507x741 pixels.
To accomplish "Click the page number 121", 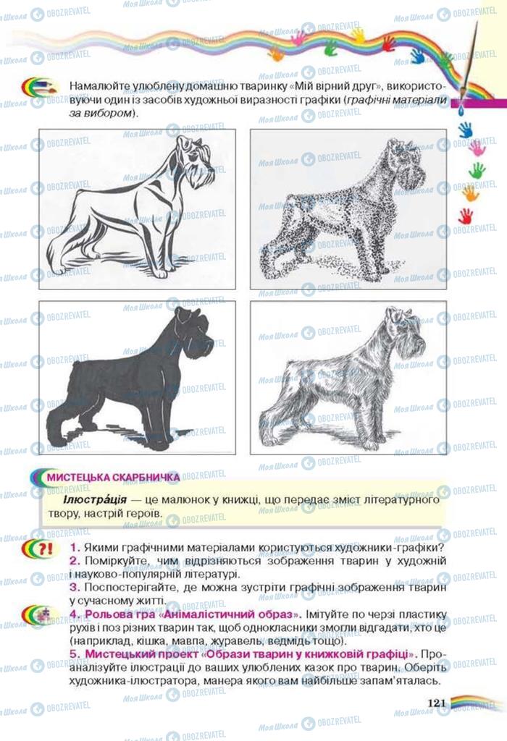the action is pos(437,703).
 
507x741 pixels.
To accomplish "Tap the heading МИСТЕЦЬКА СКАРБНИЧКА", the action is pos(113,478).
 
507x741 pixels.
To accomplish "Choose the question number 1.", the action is pos(75,548).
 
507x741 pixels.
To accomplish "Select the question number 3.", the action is pos(75,588).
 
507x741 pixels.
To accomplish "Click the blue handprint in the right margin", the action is pos(466,129).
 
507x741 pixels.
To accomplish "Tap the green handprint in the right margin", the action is pos(477,170).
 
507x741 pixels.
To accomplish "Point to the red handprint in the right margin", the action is pos(466,216).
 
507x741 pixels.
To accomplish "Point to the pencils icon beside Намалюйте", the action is pos(40,88).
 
